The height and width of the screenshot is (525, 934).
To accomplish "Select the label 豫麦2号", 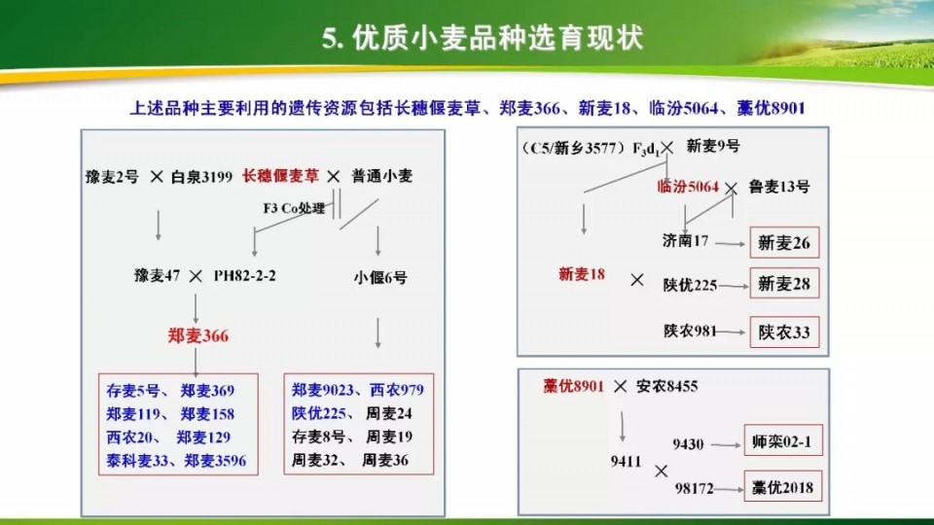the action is (x=113, y=177).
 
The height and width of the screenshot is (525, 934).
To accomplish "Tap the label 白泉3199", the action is (x=201, y=177).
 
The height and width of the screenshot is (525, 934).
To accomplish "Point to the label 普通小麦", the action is (x=381, y=176).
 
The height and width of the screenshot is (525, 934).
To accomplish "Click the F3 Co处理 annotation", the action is (x=294, y=208).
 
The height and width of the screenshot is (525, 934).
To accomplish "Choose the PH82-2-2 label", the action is (x=245, y=275).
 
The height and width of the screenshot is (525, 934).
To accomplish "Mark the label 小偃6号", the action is (x=380, y=277).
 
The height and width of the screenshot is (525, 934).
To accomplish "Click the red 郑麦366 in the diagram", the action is (x=198, y=335).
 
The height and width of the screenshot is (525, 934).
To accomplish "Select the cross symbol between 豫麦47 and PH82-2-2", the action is (x=196, y=276).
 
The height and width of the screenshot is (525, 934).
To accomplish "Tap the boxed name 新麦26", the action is (x=784, y=243).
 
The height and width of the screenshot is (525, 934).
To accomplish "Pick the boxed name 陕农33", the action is (x=784, y=332).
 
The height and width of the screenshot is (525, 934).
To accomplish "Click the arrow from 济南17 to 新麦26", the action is (x=731, y=243).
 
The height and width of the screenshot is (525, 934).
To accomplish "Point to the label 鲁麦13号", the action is (x=779, y=187).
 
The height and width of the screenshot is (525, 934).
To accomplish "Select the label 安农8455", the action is (x=667, y=386).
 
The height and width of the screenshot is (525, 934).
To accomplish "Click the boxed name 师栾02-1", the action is (x=782, y=440).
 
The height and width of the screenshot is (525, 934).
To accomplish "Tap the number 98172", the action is (x=694, y=489).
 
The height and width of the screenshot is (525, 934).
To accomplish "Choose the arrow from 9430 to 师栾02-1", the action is (x=726, y=444).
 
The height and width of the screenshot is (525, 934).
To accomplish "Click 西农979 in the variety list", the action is (x=397, y=390).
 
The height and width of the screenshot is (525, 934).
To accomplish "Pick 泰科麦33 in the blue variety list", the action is (x=137, y=461).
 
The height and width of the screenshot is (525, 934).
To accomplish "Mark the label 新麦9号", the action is (x=713, y=147).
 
